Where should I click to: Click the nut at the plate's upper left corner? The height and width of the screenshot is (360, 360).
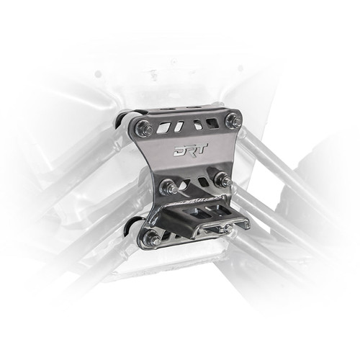[142, 130]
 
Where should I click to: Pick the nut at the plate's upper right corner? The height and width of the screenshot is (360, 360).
[233, 121]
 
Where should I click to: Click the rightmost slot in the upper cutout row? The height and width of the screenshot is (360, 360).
[212, 122]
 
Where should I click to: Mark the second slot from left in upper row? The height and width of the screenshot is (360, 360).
[180, 126]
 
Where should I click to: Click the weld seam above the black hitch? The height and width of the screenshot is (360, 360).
[205, 196]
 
